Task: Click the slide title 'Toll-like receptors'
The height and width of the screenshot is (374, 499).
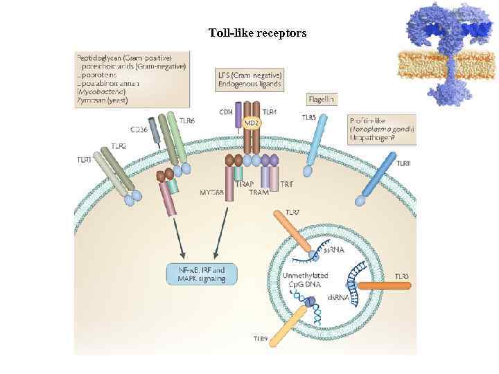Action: coord(257,33)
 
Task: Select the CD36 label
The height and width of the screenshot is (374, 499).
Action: coord(139,129)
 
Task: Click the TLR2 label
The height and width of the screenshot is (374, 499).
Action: coord(119,146)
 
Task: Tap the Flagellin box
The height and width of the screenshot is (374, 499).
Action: coord(321,99)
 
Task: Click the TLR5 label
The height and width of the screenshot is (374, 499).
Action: coord(309,118)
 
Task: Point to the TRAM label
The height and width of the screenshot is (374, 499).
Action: coord(259,192)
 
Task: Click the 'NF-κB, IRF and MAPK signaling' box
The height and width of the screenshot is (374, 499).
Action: coord(201,274)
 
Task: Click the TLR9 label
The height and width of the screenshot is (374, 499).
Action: coord(261,339)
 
